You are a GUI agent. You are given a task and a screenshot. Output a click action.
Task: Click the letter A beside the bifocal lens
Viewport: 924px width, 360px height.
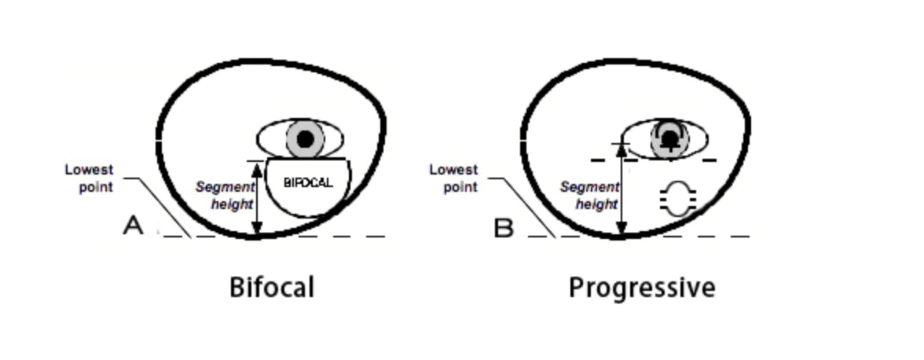click(134, 226)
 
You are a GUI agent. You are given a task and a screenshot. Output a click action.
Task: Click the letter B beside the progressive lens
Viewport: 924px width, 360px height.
click(503, 228)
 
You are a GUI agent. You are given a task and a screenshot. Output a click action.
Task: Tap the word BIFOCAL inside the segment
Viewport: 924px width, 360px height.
click(308, 182)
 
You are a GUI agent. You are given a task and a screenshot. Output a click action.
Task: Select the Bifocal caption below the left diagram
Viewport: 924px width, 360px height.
click(272, 287)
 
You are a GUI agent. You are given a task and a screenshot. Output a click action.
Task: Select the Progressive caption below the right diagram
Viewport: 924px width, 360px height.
click(641, 287)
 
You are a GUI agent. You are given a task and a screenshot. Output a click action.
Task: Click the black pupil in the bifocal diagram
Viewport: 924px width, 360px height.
click(306, 139)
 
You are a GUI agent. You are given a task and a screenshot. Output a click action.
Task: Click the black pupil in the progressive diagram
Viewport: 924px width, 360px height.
click(669, 137)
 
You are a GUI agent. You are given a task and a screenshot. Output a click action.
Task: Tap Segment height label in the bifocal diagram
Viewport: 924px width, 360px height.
click(225, 196)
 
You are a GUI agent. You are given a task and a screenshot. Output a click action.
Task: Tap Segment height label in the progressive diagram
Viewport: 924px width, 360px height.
click(589, 196)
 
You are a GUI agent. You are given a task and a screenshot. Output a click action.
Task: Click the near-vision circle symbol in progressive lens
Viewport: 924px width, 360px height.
click(678, 198)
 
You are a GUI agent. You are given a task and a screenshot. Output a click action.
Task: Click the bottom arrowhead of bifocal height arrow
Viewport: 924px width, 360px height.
click(256, 230)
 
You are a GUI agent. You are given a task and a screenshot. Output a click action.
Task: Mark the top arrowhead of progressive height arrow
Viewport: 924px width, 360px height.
click(621, 147)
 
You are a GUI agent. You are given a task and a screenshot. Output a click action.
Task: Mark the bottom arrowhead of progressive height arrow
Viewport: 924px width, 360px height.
click(621, 230)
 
